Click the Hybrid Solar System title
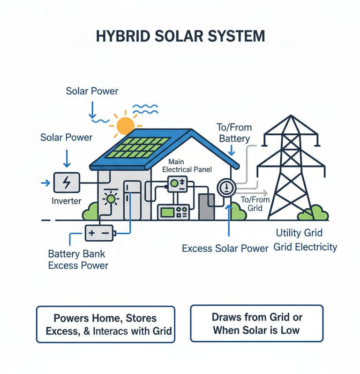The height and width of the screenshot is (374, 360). click(180, 36)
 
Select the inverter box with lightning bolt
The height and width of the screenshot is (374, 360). click(67, 183)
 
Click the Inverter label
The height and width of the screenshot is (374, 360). click(66, 201)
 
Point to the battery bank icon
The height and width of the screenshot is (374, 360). click(99, 232)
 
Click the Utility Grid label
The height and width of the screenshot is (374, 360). click(299, 233)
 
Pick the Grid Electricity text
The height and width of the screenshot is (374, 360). click(305, 247)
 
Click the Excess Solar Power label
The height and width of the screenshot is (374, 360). click(225, 248)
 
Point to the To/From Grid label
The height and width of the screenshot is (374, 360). click(255, 204)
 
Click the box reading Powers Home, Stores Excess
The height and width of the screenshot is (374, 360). click(105, 324)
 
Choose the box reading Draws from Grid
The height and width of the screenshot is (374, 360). click(256, 323)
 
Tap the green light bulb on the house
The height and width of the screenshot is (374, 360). click(111, 199)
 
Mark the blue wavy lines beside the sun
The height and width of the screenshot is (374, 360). click(145, 109)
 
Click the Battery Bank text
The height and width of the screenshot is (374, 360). click(77, 254)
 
